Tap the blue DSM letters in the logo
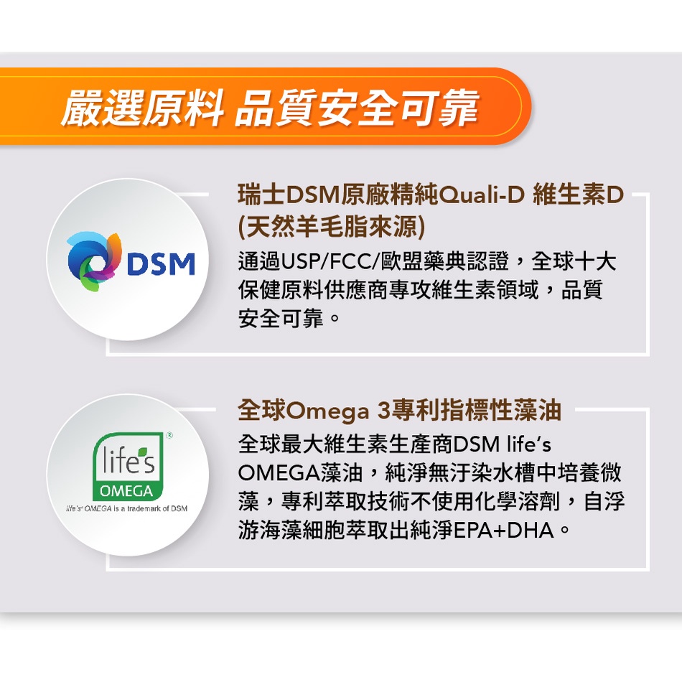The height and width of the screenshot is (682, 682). click(x=161, y=264)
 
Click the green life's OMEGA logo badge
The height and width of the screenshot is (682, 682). click(x=128, y=466)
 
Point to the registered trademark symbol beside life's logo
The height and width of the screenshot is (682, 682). click(x=169, y=435)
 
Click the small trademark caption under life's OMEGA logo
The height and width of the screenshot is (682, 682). click(x=126, y=508)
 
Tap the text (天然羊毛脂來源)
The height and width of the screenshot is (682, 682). click(x=332, y=227)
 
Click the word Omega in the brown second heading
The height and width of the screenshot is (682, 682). click(x=328, y=411)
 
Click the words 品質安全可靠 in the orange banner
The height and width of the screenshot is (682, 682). click(x=357, y=108)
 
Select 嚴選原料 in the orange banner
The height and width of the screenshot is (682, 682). click(x=142, y=108)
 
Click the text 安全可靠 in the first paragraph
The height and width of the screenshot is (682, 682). click(x=281, y=318)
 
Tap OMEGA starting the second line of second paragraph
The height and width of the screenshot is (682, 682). click(x=279, y=473)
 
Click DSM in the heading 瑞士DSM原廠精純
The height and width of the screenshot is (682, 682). click(x=312, y=195)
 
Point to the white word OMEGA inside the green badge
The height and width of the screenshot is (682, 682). click(x=126, y=491)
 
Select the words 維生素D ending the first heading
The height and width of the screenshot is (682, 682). click(x=578, y=195)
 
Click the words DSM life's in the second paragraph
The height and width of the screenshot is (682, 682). click(x=502, y=444)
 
